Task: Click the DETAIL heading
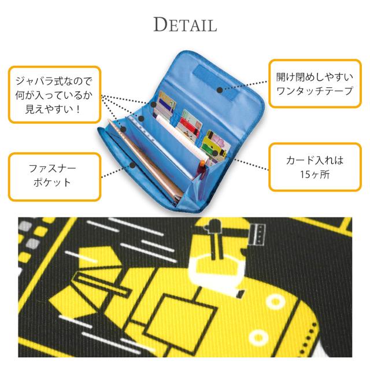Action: point(185,24)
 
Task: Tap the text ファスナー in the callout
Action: point(53,168)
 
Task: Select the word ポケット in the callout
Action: point(53,183)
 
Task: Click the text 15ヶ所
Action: point(314,175)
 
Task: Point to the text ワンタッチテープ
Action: point(314,91)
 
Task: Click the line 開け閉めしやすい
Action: point(314,77)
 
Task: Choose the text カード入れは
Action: point(314,161)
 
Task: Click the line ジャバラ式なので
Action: point(53,81)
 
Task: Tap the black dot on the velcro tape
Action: point(220,90)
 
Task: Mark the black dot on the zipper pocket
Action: point(132,165)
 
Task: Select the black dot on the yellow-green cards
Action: point(215,154)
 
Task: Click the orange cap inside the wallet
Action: point(202,164)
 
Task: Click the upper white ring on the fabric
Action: point(275,302)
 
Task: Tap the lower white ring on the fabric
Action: point(258,338)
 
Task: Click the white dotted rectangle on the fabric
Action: point(257,234)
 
